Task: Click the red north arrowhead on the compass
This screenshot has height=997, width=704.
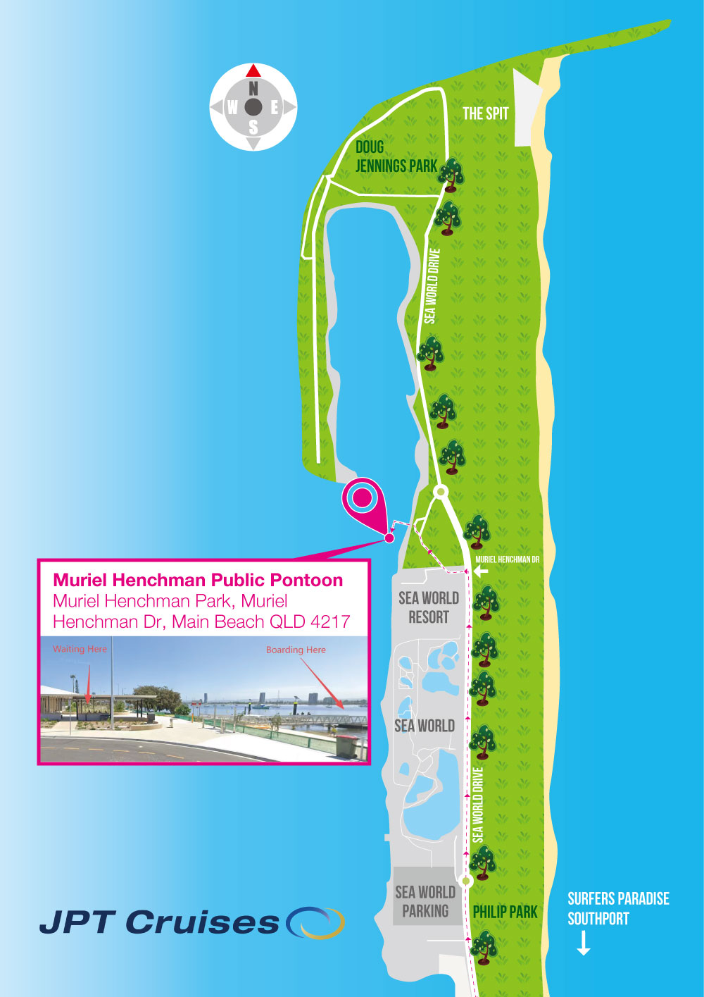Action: (x=253, y=70)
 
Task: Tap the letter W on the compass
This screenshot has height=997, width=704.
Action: (x=232, y=108)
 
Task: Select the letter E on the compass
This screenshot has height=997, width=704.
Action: (x=275, y=108)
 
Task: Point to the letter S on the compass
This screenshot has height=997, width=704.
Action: (x=253, y=128)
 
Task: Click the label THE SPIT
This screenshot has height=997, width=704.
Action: (x=485, y=113)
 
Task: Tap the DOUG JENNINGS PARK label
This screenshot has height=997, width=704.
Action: (x=396, y=156)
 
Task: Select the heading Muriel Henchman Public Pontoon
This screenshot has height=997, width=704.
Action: (x=198, y=581)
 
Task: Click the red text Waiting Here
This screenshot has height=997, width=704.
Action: (x=80, y=649)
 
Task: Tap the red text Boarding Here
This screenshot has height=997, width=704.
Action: (x=296, y=650)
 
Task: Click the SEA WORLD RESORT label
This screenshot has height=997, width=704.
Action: (x=429, y=607)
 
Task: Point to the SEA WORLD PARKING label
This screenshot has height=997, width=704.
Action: (x=425, y=902)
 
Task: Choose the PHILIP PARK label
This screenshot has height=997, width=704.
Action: (x=505, y=912)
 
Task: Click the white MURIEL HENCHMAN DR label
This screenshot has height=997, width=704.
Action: (x=508, y=559)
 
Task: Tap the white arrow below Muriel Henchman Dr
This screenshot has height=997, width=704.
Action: (x=481, y=571)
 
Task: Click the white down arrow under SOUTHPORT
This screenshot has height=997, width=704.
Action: (x=584, y=943)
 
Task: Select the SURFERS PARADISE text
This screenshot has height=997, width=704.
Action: (x=618, y=899)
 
